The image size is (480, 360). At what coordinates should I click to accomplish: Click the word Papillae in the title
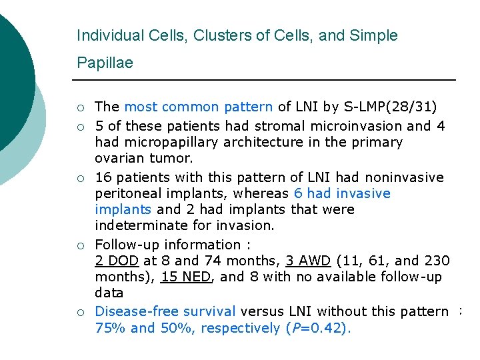[105, 63]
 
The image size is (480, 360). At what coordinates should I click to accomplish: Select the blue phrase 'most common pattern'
[198, 107]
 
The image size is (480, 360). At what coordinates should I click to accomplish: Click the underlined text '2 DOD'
[116, 261]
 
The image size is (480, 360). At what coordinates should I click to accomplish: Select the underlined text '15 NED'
[186, 277]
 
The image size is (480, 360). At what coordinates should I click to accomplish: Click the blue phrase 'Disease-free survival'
[165, 311]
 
